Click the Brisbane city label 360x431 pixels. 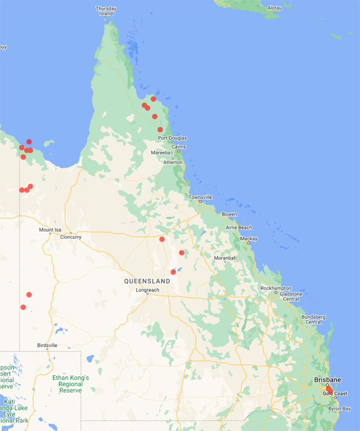coord(327,379)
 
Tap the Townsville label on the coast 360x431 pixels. coord(200,197)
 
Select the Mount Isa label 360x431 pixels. coord(50,230)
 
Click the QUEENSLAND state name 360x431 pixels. coord(148,281)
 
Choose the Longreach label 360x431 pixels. coord(148,290)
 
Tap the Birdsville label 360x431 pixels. coord(47,346)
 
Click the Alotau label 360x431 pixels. coord(274,8)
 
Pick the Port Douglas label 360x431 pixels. coord(172,138)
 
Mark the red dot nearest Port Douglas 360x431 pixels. coord(160,130)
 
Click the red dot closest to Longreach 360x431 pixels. coord(173,272)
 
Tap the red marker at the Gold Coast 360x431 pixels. coord(329,391)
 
